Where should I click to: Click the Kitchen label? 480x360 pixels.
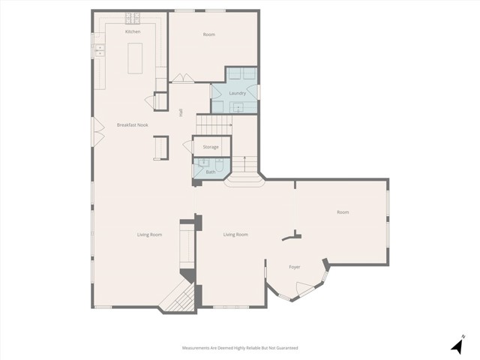(x=133, y=31)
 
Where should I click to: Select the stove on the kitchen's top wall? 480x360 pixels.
(x=133, y=17)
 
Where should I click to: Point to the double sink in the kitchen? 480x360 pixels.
(x=98, y=51)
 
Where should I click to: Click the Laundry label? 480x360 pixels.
(x=237, y=93)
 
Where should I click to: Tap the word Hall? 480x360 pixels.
(x=180, y=112)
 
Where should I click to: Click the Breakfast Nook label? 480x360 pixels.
(x=132, y=124)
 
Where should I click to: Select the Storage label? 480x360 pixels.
(x=211, y=147)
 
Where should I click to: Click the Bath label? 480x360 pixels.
(x=211, y=172)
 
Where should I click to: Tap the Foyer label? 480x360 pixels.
(x=295, y=266)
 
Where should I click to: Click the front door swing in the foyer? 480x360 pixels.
(x=304, y=289)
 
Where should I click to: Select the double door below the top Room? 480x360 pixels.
(x=181, y=78)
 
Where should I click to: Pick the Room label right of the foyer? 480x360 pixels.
(x=343, y=212)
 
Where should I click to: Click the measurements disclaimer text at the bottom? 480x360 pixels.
(x=240, y=348)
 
